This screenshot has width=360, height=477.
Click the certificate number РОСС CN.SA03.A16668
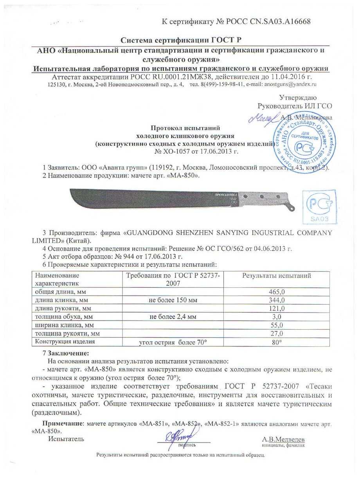click(269, 21)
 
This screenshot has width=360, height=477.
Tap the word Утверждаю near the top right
click(298, 97)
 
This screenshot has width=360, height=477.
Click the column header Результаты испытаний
click(276, 276)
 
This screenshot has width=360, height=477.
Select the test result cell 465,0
click(276, 292)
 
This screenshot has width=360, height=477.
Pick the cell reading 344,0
click(276, 300)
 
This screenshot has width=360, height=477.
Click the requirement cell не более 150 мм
click(173, 300)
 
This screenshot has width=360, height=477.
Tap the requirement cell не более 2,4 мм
click(173, 317)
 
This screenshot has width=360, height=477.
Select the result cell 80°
click(276, 342)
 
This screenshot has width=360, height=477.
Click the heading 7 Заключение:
click(66, 353)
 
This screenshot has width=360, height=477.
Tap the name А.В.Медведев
click(283, 439)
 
